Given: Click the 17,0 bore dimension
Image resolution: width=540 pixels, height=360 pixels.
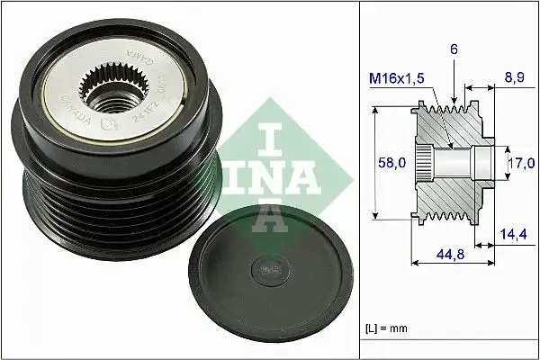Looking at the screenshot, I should [x=522, y=163].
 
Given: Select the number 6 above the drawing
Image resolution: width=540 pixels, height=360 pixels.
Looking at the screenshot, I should [x=455, y=52].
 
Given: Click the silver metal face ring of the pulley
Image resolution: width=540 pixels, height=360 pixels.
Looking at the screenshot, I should [x=171, y=108].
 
